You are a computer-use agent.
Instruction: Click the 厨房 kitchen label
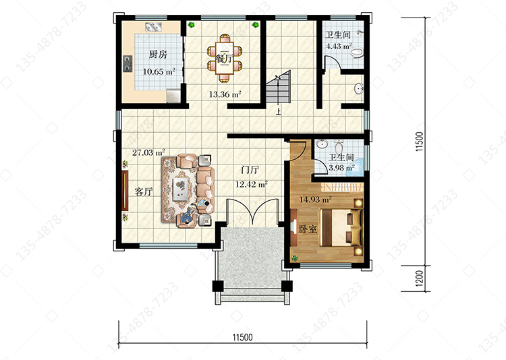tap(158, 54)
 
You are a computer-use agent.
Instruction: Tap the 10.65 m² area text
tap(159, 71)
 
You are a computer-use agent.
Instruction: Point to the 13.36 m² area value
tap(225, 94)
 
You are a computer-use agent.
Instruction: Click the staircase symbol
tap(278, 87)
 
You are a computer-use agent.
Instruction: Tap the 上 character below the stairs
tap(278, 112)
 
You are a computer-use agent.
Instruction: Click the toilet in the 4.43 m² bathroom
tap(357, 53)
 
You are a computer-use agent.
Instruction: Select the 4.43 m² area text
tap(339, 46)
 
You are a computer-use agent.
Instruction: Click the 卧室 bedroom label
tap(308, 229)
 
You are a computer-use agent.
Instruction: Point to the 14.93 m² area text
tap(315, 200)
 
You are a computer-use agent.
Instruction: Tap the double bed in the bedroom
tap(341, 228)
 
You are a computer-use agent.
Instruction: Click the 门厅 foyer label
tap(250, 170)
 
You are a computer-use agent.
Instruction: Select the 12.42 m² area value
tap(252, 185)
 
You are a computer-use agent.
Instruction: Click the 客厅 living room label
tap(144, 191)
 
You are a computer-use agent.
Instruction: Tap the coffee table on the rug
tap(181, 189)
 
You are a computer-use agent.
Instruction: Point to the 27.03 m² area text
tap(148, 152)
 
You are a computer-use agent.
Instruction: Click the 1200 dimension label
tap(419, 278)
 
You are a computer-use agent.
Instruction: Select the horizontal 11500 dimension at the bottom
tap(243, 338)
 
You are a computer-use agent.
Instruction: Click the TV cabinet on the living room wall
tap(125, 191)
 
